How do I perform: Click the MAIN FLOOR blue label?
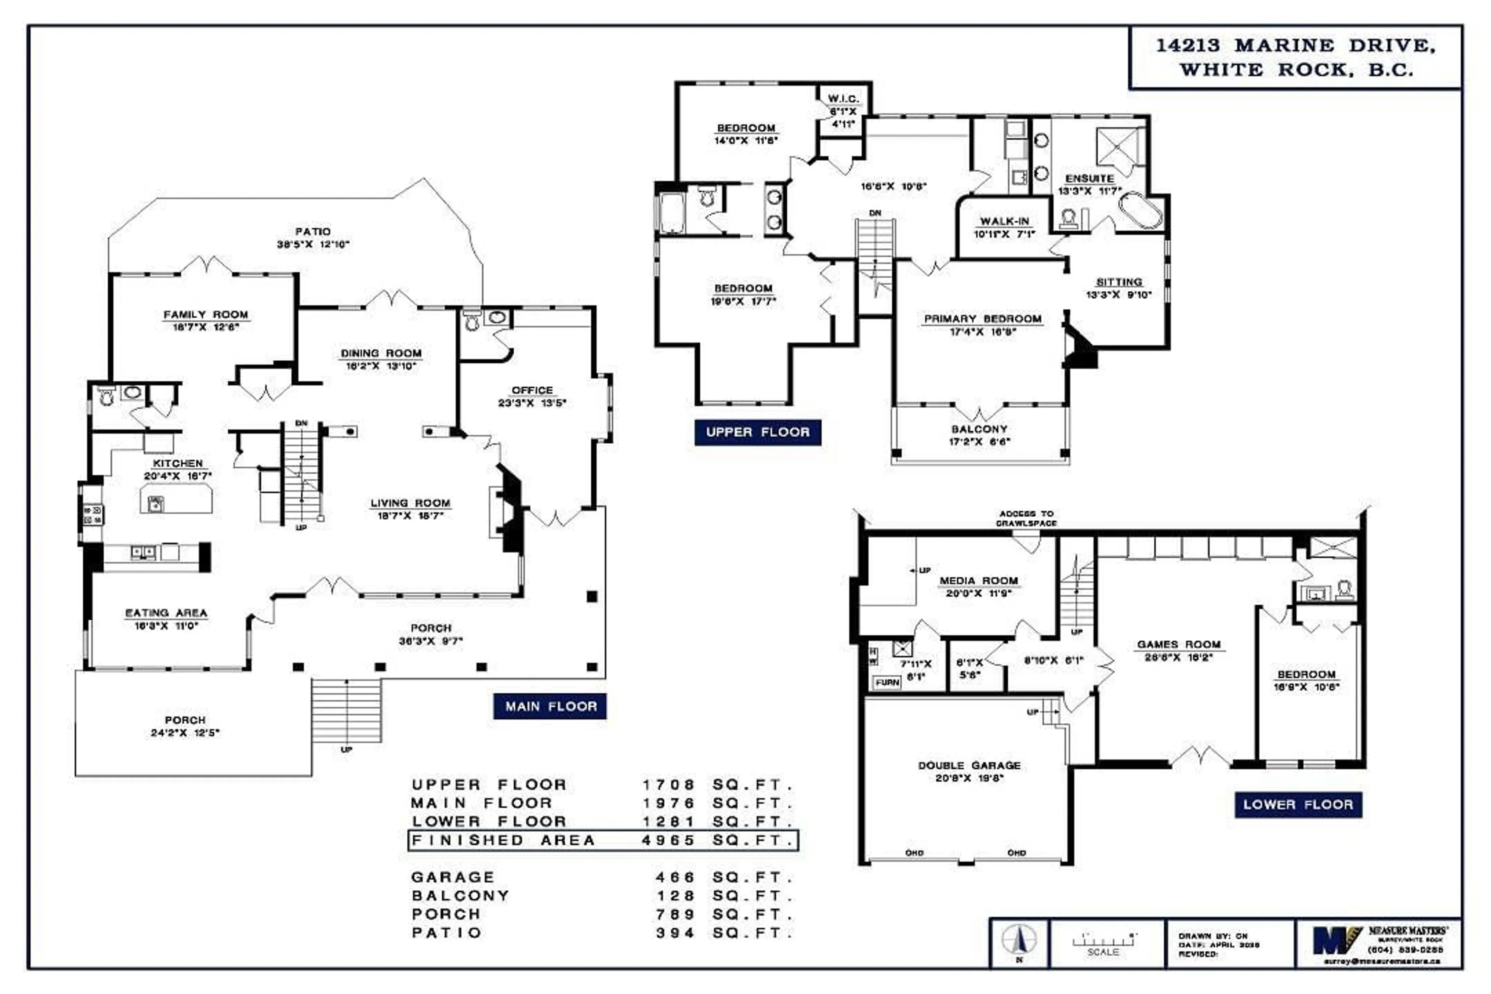tap(550, 706)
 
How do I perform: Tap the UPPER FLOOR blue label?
tap(758, 432)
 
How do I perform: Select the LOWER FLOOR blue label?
tap(1298, 805)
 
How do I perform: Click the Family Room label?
tap(205, 315)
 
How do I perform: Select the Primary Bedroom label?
tap(983, 319)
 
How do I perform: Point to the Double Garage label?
tap(969, 765)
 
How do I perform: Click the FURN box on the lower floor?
tap(887, 683)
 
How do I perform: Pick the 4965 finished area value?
tap(669, 841)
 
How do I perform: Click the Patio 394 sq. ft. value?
tap(675, 933)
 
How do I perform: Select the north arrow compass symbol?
tap(1019, 940)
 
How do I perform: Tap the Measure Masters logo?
tap(1338, 941)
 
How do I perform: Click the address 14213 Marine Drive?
tap(1296, 46)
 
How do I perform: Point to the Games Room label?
tap(1178, 644)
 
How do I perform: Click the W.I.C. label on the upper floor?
tap(843, 99)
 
